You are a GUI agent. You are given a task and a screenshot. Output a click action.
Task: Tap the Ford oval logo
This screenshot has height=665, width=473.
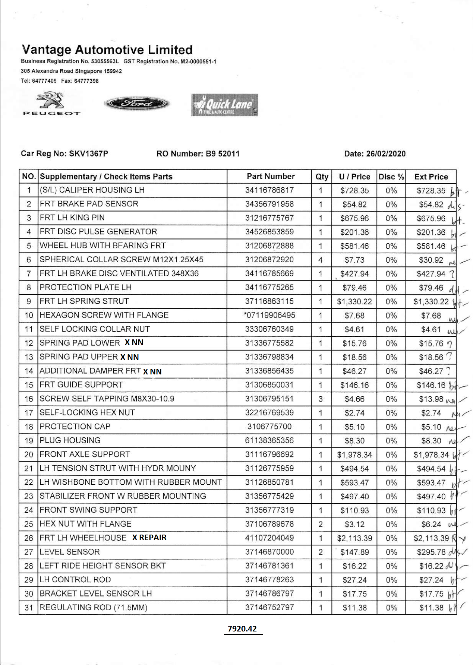point(137,103)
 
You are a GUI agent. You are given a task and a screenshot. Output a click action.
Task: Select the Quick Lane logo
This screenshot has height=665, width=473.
point(224,105)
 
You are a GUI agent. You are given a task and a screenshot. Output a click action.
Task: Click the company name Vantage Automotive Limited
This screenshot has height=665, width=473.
point(107,50)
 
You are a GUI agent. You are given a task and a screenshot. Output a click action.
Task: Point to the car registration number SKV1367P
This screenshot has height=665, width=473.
point(89,153)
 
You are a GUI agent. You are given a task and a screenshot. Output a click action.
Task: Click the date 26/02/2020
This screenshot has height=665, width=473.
point(386,153)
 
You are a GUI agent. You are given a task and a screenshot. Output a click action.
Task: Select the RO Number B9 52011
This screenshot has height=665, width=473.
point(223,153)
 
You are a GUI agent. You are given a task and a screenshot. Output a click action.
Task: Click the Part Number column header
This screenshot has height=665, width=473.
point(271,176)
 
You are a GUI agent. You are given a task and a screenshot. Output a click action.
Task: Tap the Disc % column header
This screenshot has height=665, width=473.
point(391,177)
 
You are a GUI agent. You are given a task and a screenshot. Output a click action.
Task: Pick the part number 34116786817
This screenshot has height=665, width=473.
point(269,190)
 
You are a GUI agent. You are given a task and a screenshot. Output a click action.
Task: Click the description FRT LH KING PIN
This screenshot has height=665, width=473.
point(72,218)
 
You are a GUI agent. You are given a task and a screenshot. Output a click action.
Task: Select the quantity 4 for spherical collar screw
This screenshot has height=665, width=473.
point(321,260)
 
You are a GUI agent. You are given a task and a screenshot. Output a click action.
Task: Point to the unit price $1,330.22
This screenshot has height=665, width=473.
point(354,301)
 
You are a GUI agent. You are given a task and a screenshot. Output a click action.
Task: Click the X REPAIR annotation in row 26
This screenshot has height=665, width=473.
point(149,538)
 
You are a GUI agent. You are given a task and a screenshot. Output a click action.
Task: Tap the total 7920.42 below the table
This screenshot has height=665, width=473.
point(242,629)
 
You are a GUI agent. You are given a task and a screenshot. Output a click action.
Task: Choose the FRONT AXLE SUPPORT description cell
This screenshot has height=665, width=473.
point(85,454)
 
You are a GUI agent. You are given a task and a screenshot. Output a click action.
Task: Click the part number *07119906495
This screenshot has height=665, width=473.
point(269,315)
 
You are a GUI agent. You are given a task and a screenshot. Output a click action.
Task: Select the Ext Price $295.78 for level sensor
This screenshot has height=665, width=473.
point(431,552)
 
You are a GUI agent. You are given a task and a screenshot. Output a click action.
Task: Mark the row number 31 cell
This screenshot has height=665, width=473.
point(29,608)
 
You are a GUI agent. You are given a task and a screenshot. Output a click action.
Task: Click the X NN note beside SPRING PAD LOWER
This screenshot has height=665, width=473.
point(134,342)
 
